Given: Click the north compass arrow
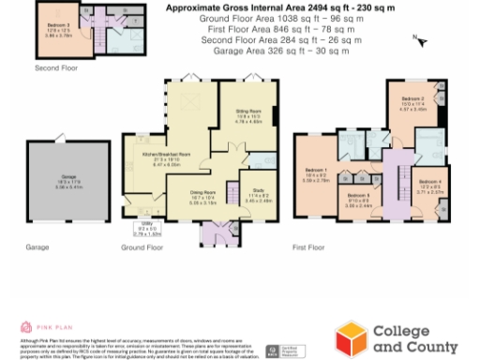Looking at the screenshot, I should pyautogui.click(x=421, y=40).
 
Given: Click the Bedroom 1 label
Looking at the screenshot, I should pyautogui.click(x=315, y=175).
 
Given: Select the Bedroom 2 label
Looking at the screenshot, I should pyautogui.click(x=413, y=102).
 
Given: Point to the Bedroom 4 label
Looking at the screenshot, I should pyautogui.click(x=430, y=185).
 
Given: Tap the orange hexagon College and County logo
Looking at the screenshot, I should pyautogui.click(x=352, y=337).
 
